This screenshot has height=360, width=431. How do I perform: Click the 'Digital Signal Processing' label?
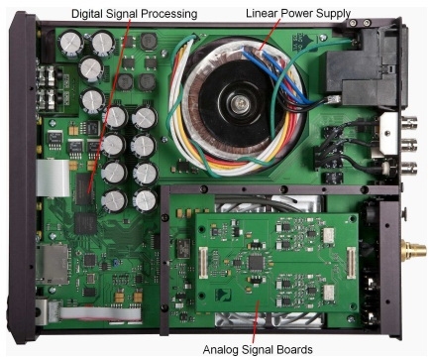134,14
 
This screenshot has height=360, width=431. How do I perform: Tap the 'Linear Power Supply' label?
298,14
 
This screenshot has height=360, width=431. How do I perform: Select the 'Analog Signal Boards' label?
258,349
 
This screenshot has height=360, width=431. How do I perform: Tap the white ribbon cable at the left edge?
53,179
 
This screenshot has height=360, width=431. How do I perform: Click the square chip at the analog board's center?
257,262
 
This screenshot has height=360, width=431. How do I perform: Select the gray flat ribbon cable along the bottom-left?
99,313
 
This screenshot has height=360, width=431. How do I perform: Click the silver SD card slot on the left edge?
53,265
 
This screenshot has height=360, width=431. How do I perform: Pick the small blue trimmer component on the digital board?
115,263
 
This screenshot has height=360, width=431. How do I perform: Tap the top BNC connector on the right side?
409,122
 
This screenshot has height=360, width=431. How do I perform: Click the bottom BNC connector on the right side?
409,168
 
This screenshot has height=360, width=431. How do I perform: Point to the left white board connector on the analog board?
203,263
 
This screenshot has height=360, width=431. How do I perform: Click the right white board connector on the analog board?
351,264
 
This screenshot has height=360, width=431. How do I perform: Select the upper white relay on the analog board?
329,234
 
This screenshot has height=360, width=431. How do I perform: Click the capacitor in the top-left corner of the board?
71,42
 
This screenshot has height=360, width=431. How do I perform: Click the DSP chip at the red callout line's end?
84,189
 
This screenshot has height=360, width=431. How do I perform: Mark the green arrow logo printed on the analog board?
223,295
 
